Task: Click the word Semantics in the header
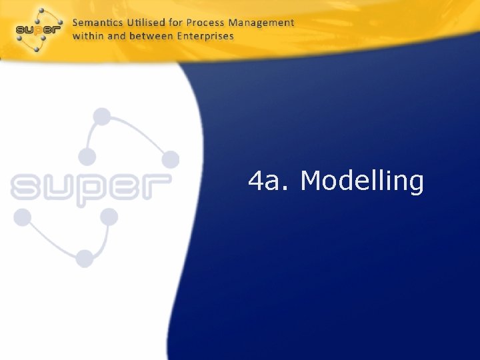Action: (x=95, y=23)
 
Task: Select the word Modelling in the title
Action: (x=362, y=180)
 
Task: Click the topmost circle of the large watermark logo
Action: (x=102, y=117)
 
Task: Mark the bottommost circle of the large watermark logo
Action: (x=85, y=258)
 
